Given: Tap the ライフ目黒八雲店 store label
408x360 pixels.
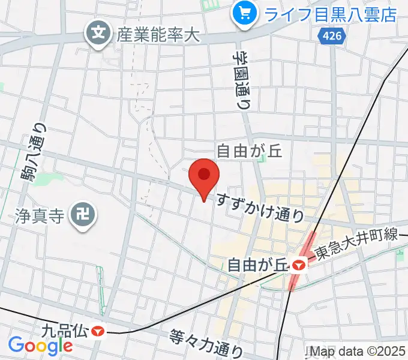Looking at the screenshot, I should coord(331,13).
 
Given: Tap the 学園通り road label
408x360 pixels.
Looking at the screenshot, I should coord(242,79).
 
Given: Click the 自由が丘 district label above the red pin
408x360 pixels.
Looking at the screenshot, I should coord(249,150).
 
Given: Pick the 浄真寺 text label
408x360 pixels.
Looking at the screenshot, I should coord(39,215).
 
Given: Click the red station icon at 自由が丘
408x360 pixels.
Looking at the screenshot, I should coord(298,263).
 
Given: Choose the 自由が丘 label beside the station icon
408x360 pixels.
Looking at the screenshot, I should coord(254,263).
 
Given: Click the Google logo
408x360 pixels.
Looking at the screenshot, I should coord(40,346).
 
